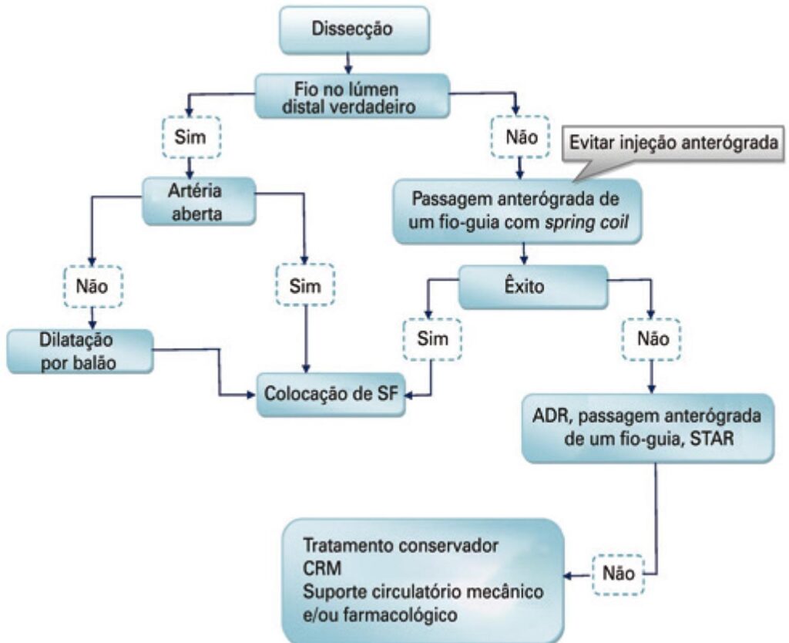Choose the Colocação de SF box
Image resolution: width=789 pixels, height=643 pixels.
point(331,393)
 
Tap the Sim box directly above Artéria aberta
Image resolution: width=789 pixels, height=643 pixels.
point(190,139)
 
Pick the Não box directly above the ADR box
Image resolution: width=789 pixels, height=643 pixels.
point(653,338)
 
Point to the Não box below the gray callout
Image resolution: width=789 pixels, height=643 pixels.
point(520,138)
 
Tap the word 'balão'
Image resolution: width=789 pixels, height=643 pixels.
point(97,362)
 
